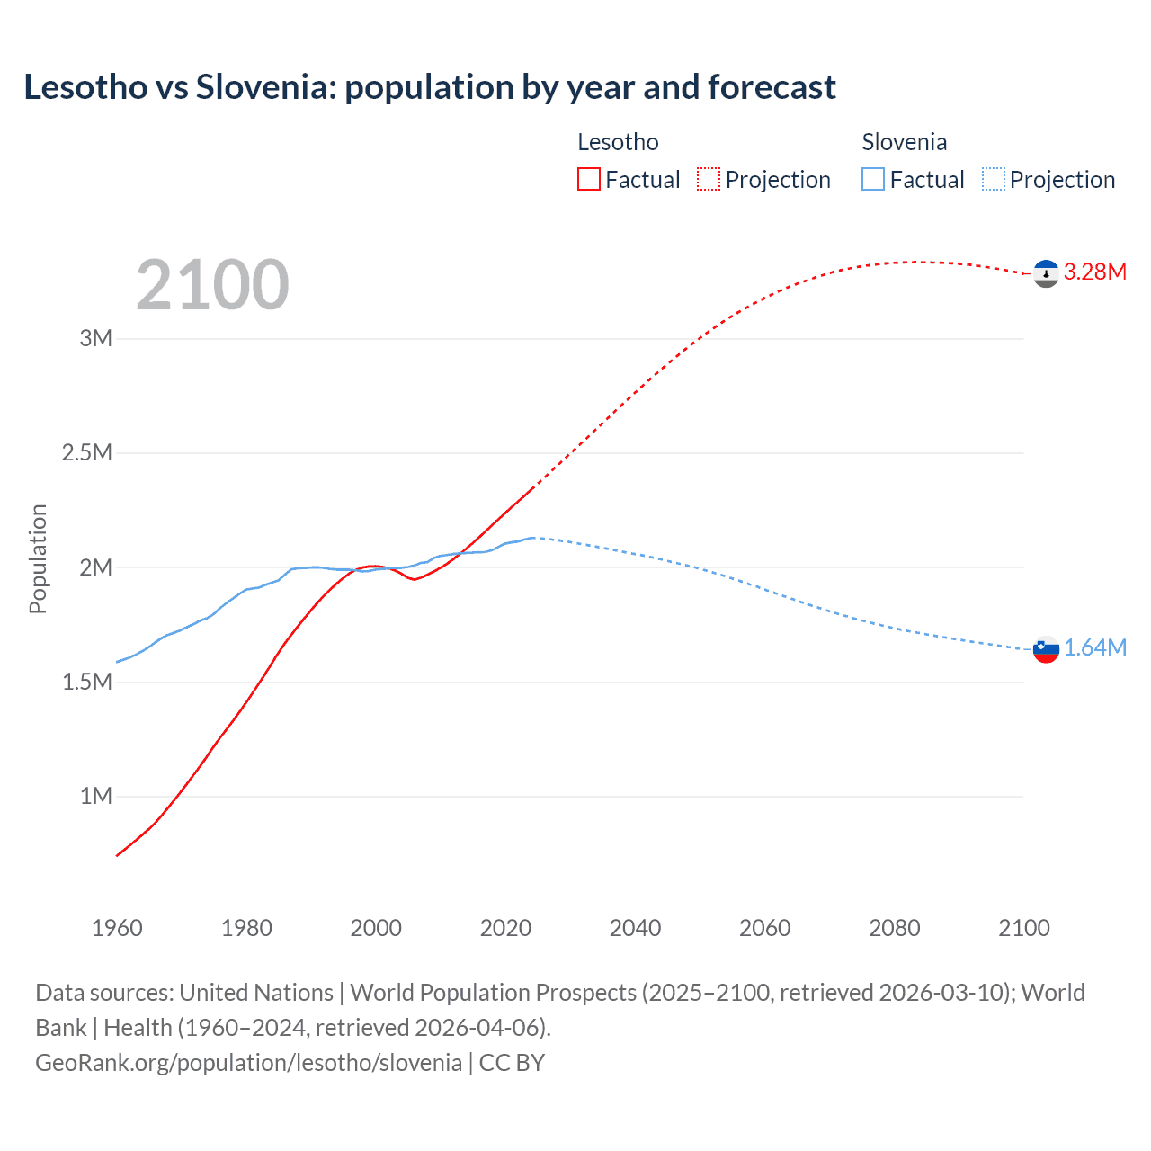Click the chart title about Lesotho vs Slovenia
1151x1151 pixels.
[430, 87]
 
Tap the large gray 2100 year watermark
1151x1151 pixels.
[212, 285]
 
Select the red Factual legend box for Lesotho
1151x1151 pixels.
[588, 180]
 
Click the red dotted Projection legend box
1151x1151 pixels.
[709, 180]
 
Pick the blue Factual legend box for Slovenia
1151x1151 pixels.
[873, 180]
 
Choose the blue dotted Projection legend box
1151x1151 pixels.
[993, 180]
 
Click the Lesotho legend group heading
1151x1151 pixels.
[618, 142]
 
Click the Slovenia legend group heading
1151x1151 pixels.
[904, 142]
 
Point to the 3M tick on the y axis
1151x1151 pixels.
[96, 339]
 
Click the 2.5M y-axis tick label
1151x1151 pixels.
[87, 452]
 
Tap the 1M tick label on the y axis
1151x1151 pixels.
[96, 796]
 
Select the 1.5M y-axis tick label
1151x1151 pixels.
[87, 682]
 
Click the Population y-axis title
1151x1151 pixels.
[38, 558]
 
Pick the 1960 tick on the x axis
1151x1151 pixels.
[117, 928]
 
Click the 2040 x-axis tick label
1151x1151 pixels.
[635, 928]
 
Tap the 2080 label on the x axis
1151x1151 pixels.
[894, 928]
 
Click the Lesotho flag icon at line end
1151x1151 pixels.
[1046, 273]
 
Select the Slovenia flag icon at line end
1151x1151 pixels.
[1046, 649]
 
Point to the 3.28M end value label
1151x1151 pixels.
[1094, 272]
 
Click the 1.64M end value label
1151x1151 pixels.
[1094, 648]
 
